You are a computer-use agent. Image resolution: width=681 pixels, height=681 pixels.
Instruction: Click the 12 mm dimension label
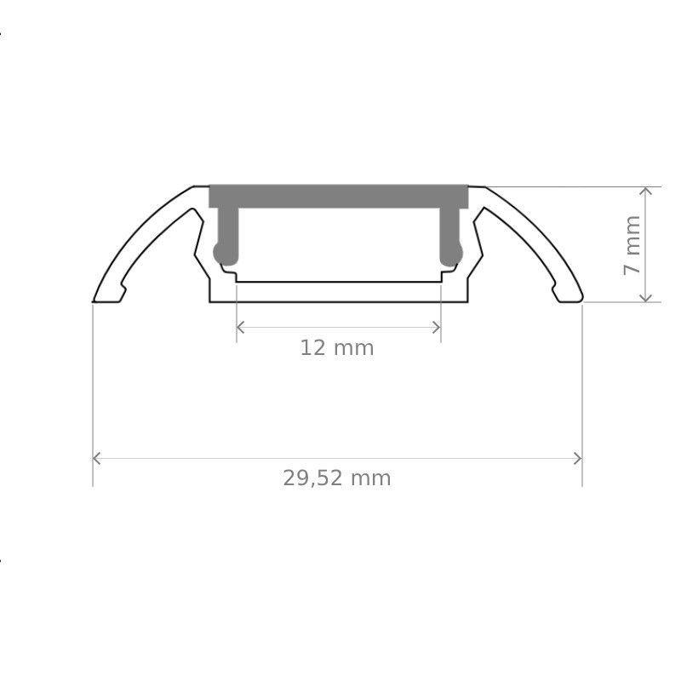point(337,348)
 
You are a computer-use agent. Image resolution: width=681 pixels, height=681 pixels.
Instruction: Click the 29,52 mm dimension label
point(337,478)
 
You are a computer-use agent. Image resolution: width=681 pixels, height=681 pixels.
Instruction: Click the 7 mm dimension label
point(632,244)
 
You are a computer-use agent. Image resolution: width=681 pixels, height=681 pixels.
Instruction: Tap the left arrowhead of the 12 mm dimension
point(240,327)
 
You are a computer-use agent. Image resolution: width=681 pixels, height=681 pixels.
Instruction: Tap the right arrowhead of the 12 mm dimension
point(438,327)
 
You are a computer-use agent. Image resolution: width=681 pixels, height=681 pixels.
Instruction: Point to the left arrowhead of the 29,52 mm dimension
point(96,458)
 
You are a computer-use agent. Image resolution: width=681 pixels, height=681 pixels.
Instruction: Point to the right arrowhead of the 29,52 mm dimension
point(578,458)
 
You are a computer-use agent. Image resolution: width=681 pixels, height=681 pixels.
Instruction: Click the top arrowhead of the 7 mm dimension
point(647,191)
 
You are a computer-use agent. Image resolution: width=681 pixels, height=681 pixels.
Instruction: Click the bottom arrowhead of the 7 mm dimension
point(647,296)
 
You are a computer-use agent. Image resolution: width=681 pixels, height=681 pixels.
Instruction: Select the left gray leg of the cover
point(229,230)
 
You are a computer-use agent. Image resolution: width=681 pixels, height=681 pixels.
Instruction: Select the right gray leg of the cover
point(449,230)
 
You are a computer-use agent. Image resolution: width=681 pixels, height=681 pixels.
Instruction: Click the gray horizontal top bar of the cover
point(339,196)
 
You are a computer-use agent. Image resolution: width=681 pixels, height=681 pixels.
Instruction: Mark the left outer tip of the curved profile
point(94,300)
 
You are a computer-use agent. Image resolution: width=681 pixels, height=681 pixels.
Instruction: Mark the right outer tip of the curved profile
point(581,300)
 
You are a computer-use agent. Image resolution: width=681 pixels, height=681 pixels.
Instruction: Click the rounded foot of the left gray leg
point(226,254)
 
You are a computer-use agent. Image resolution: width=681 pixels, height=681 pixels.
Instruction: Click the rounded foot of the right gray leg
point(450,254)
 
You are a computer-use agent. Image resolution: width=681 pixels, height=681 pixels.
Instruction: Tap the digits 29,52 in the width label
point(317,478)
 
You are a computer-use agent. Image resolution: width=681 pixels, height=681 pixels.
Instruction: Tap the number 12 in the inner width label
point(312,348)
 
